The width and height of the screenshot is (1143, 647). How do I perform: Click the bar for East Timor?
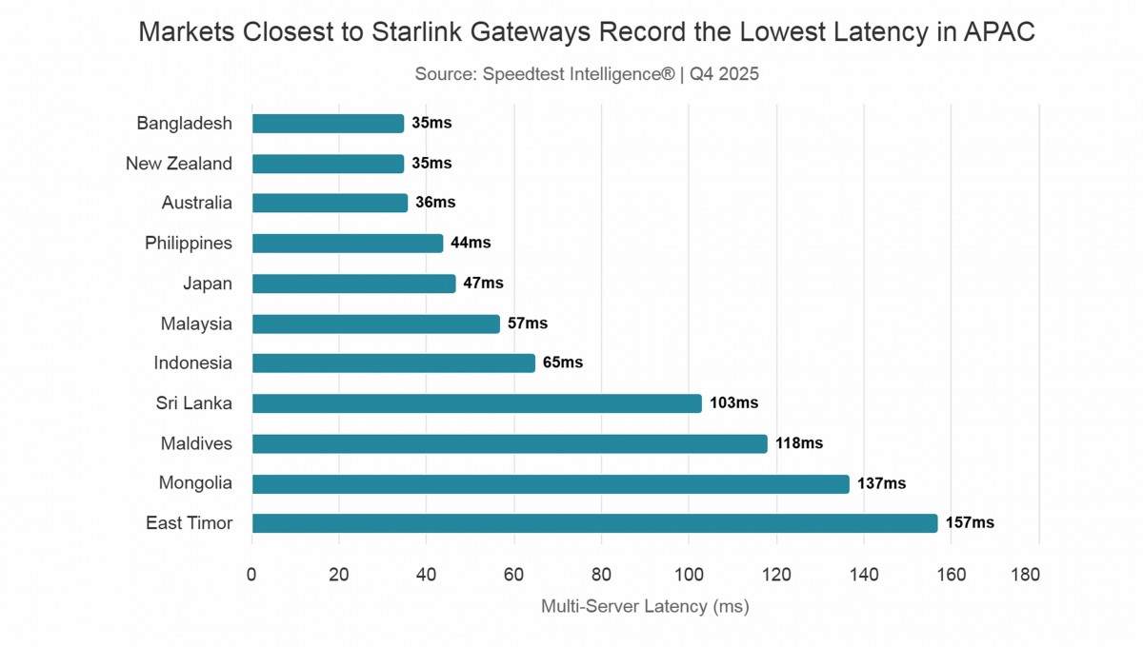point(594,523)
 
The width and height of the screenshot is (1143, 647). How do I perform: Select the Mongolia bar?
point(551,483)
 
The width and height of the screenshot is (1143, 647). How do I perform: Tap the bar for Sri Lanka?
point(476,403)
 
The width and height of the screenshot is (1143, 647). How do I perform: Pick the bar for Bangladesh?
point(328,124)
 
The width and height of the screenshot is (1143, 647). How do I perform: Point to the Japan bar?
point(353,284)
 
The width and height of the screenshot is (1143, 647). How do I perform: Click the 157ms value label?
point(970,523)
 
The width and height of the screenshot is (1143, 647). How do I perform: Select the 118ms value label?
point(799,443)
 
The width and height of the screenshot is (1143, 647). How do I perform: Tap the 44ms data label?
point(471,243)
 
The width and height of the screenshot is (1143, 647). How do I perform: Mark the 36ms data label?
point(435,203)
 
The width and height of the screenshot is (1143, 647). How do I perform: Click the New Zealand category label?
point(179,164)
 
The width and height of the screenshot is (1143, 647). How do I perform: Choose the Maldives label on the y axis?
point(195,443)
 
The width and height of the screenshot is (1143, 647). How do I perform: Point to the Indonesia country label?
point(192,363)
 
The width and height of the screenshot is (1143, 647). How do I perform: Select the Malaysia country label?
point(196,323)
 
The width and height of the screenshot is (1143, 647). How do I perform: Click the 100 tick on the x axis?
point(689,575)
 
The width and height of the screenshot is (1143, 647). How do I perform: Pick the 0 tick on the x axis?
point(251,575)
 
